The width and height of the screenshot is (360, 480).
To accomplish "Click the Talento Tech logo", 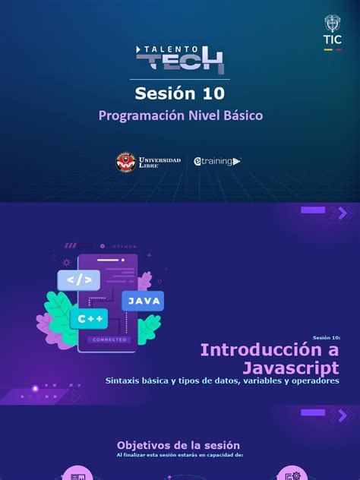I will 180,58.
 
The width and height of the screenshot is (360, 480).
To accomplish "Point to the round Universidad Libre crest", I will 125,161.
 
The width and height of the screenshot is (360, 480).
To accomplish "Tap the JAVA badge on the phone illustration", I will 143,301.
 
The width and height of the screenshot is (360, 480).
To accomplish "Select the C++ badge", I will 88,319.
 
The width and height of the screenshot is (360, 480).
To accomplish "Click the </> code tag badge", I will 78,280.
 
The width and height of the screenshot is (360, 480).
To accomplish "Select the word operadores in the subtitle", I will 311,381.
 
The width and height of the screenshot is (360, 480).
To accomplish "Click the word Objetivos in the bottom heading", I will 145,445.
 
